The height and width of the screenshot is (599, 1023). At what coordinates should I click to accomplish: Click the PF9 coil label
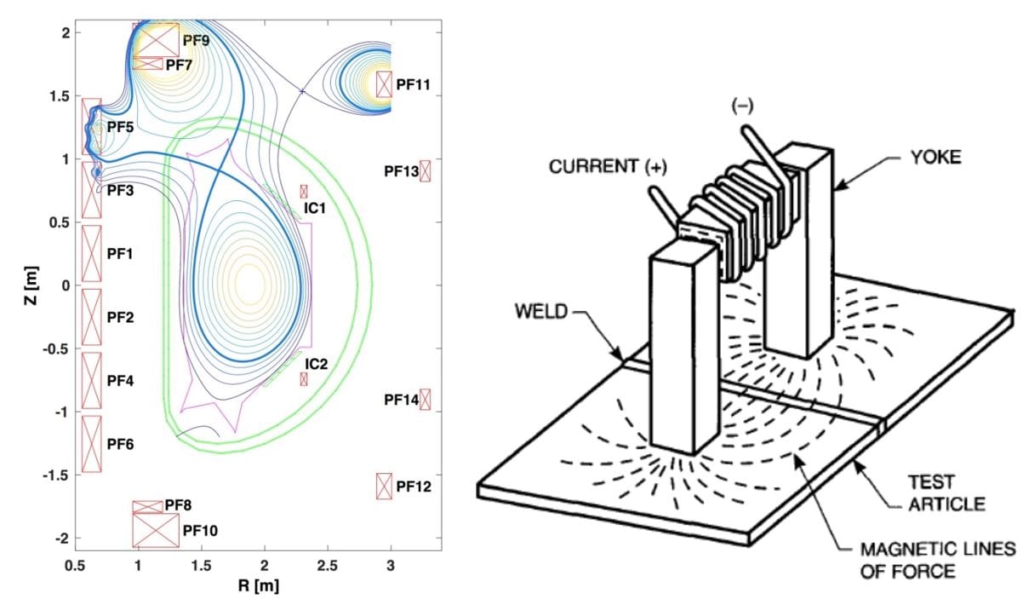click(x=196, y=39)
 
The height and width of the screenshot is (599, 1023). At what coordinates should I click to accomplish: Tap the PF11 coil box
click(x=384, y=84)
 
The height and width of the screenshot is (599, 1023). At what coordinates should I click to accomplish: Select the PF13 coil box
click(x=426, y=170)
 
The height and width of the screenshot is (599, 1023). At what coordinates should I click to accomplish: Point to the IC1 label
click(x=316, y=207)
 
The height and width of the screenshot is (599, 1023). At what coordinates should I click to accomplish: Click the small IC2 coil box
click(x=304, y=378)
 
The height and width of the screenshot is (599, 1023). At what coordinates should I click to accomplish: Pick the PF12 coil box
click(x=384, y=486)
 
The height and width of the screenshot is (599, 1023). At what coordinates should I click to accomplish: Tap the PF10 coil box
click(x=156, y=530)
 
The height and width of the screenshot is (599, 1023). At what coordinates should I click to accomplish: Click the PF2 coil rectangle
click(x=91, y=317)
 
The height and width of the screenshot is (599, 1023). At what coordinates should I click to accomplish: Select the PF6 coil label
click(x=120, y=444)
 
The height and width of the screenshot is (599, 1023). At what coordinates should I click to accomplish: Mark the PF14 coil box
click(x=426, y=399)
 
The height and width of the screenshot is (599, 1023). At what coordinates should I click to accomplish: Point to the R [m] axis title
click(x=259, y=586)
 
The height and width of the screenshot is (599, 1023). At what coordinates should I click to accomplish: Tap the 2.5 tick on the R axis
click(x=328, y=565)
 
